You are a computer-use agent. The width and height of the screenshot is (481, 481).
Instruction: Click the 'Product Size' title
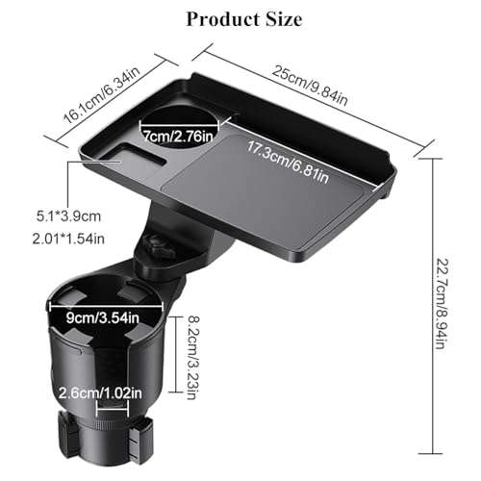[244, 19]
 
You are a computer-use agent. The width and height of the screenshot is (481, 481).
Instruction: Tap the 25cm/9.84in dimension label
[310, 86]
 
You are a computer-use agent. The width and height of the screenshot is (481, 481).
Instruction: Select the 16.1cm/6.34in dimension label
[102, 95]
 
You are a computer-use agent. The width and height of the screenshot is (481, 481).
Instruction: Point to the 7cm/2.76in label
[178, 137]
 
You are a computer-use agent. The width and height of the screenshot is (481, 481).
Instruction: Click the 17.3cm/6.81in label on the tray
[288, 163]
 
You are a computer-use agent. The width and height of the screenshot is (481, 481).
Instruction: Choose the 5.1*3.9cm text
[68, 216]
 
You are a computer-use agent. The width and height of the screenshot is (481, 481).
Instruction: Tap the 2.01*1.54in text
[68, 239]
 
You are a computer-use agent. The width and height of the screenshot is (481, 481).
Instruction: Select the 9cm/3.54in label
[103, 317]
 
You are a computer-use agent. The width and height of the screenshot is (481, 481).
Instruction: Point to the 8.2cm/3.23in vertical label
[192, 358]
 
